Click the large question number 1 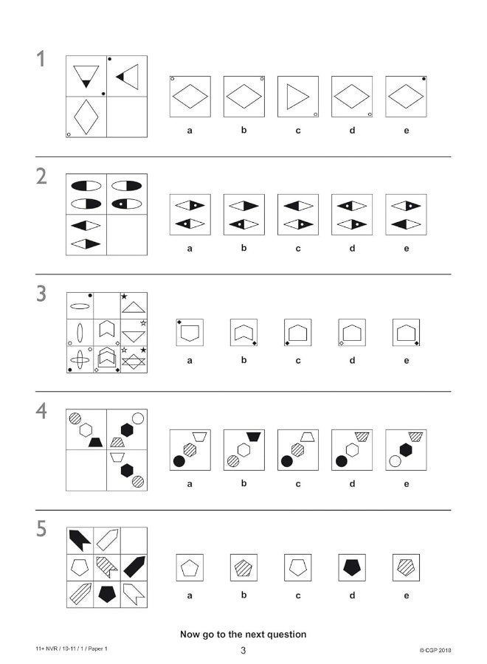pos(41,60)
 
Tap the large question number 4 pos(42,412)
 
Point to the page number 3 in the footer pos(243,650)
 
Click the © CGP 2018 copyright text pos(435,650)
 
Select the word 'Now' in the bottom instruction pos(192,634)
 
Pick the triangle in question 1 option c pos(297,97)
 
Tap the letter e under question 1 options pos(406,131)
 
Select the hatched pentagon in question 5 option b pos(243,568)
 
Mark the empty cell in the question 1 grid pos(127,117)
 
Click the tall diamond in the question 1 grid pos(86,117)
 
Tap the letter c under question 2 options pos(298,248)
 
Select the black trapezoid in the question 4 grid pos(94,442)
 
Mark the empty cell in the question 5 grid pos(134,540)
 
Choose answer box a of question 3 pos(190,333)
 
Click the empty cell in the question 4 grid pos(86,470)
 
